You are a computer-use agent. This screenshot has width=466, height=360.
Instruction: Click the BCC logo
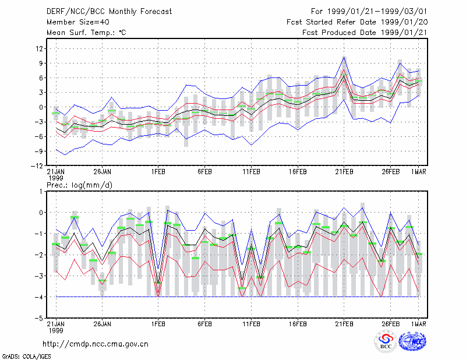click(x=386, y=342)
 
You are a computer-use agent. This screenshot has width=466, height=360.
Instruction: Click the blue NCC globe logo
click(x=412, y=341)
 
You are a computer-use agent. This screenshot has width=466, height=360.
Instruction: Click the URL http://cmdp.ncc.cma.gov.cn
click(x=96, y=344)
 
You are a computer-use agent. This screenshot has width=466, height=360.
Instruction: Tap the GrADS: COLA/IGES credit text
click(x=26, y=357)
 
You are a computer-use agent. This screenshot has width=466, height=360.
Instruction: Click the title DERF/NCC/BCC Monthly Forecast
click(x=109, y=12)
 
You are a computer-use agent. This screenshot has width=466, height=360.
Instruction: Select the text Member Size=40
click(x=78, y=22)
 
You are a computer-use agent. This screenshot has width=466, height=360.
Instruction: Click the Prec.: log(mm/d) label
click(x=79, y=185)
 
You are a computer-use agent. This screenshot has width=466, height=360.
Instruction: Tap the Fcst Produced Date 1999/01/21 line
click(x=365, y=33)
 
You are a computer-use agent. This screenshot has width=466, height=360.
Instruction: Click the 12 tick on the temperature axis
click(x=39, y=48)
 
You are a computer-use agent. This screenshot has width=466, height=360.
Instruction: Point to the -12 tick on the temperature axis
click(x=37, y=165)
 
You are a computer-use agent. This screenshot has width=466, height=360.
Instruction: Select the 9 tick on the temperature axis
click(x=41, y=63)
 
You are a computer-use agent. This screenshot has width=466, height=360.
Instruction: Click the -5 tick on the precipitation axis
click(x=38, y=318)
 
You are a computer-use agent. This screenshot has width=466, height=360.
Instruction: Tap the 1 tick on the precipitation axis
click(x=41, y=192)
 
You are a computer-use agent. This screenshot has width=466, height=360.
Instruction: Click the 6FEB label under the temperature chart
click(x=205, y=172)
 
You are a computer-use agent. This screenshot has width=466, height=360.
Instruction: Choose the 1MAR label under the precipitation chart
click(x=419, y=324)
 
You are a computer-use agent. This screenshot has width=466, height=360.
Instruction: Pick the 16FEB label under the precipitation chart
click(x=298, y=324)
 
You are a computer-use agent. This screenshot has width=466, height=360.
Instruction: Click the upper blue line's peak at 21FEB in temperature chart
click(x=344, y=57)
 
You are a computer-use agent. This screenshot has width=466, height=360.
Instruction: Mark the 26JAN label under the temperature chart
click(x=103, y=172)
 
